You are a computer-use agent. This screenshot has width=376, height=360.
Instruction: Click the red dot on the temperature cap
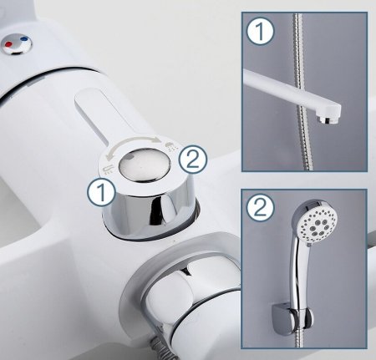coord(8,44)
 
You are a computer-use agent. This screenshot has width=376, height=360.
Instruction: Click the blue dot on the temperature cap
coord(25,38)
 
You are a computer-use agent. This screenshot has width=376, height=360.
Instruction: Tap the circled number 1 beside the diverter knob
coord(101,192)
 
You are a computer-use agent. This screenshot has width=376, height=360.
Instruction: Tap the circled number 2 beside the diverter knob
coord(193,160)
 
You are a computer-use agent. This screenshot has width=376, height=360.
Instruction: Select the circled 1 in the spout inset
coord(260,31)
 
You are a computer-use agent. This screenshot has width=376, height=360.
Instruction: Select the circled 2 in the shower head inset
coord(260,208)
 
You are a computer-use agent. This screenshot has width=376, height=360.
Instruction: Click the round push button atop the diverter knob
coord(144,165)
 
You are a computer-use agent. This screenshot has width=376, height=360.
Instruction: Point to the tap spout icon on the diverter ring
coord(109,169)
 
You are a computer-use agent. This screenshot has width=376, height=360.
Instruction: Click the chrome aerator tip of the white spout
coord(328,119)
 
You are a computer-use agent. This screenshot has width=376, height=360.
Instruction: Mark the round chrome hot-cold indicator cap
coord(17,44)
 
